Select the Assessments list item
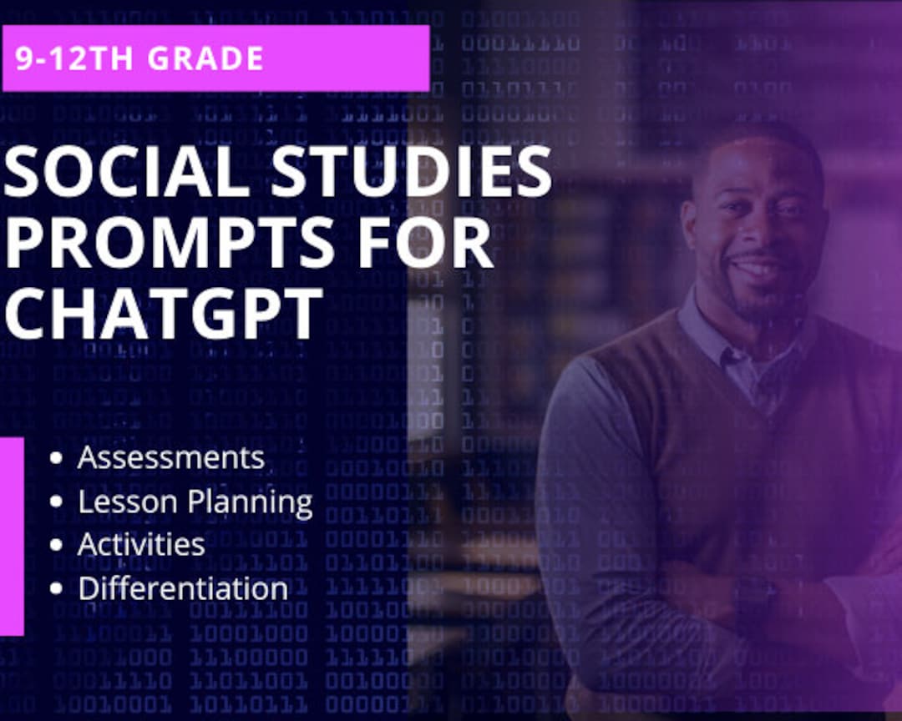[170, 457]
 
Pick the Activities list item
[141, 545]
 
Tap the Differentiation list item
[183, 588]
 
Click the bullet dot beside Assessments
[56, 458]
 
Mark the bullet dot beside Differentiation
[56, 588]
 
